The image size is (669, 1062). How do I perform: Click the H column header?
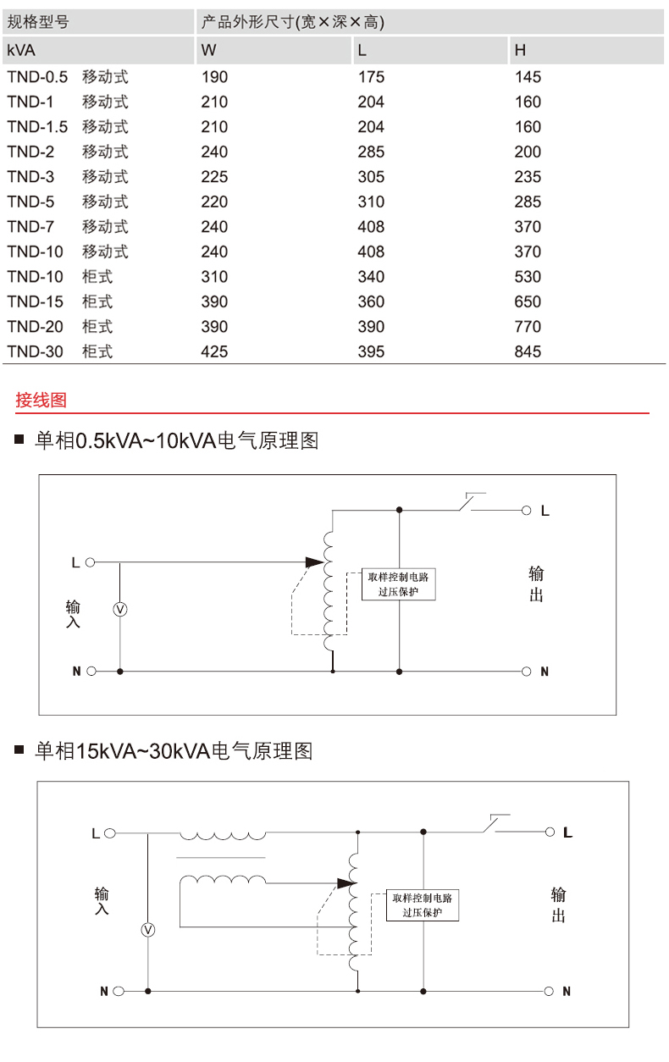(520, 51)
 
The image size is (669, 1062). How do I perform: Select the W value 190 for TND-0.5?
(214, 77)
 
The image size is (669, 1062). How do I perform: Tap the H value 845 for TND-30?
(528, 351)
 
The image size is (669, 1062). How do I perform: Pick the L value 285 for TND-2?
(371, 152)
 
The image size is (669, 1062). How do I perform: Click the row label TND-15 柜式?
(59, 301)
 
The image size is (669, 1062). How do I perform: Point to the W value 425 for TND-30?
(214, 351)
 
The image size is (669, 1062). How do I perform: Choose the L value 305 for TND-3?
(371, 177)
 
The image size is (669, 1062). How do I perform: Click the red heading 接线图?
(41, 401)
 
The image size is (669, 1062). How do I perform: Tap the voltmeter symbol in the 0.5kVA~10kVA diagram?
(120, 610)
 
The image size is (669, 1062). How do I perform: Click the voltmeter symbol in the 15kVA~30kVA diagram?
(148, 930)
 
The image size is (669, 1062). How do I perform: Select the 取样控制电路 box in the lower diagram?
(422, 904)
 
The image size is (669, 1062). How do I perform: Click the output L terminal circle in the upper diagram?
(526, 511)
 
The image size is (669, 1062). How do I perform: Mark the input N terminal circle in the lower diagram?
(119, 990)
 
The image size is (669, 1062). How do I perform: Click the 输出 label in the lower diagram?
(558, 904)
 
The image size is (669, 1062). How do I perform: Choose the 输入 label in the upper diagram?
(74, 614)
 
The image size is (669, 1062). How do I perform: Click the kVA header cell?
(21, 51)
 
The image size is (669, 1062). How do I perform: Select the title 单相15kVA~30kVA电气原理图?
(174, 751)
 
